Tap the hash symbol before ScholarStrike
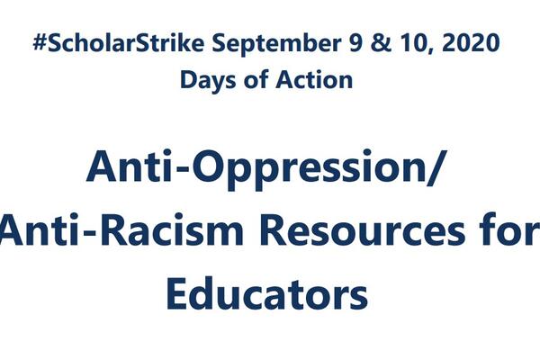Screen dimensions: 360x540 pyautogui.click(x=38, y=42)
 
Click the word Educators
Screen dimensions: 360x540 pyautogui.click(x=267, y=294)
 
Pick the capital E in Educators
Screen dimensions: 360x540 pyautogui.click(x=180, y=294)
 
